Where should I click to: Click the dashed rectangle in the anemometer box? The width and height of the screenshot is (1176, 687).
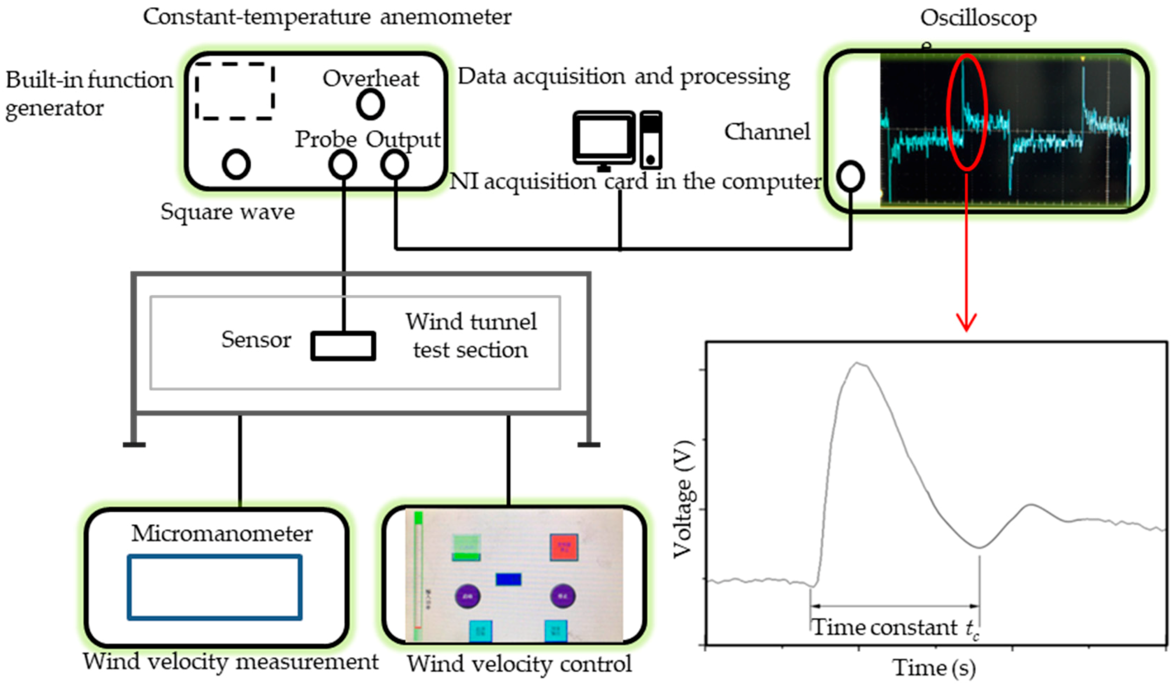tap(235, 91)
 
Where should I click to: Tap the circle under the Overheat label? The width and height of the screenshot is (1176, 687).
tap(371, 105)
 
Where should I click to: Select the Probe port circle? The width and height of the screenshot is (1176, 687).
tap(343, 164)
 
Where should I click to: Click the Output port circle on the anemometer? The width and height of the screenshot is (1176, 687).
tap(394, 164)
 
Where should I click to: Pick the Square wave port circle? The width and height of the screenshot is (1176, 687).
tap(236, 164)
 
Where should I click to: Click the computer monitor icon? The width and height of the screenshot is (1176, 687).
tap(604, 138)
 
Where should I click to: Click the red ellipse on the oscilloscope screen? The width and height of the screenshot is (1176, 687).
tap(967, 113)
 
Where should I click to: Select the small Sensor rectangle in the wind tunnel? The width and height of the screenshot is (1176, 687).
tap(343, 346)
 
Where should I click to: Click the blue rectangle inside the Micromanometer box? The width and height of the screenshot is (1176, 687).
tap(215, 587)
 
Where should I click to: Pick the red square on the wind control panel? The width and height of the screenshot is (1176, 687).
tap(564, 547)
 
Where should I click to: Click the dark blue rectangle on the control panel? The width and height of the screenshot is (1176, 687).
tap(508, 579)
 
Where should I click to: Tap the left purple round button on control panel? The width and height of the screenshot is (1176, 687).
tap(468, 597)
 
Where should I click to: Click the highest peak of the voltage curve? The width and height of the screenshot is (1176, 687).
tap(858, 363)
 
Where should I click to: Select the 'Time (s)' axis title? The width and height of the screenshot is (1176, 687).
tap(934, 668)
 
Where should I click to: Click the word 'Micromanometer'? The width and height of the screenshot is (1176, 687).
tap(222, 534)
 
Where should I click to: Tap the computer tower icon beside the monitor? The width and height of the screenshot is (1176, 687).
tap(651, 140)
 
